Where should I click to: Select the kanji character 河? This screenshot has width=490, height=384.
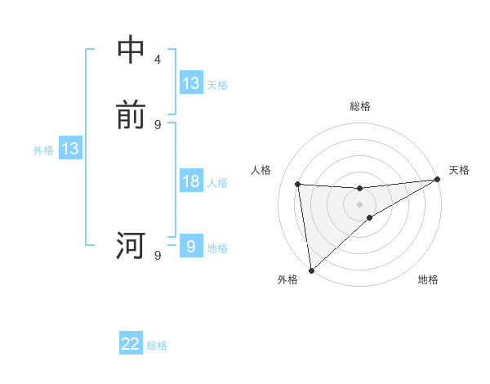coord(131,245)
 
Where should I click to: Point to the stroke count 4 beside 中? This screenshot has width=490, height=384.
coord(157,60)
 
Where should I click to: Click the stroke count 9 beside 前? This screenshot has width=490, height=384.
coord(157,124)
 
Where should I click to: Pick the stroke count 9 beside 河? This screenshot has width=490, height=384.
coord(157,256)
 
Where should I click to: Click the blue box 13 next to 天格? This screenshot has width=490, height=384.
coord(191,83)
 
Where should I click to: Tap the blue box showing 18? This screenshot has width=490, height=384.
coord(191,181)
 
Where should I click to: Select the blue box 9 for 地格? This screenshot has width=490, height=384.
coord(191,247)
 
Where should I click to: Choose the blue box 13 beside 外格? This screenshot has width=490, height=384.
coord(69,149)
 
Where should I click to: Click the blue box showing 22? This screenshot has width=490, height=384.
coord(131,344)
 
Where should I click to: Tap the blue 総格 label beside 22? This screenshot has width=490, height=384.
coord(158,346)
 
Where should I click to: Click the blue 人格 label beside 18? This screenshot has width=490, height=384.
coord(217,183)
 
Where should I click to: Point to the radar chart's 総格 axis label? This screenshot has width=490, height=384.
coord(359,106)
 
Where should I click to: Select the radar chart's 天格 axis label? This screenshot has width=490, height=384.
coord(459,170)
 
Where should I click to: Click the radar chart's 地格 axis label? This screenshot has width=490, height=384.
coord(428,280)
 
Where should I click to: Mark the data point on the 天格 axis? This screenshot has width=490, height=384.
coord(437,180)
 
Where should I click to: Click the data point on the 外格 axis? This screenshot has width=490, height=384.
coord(311,270)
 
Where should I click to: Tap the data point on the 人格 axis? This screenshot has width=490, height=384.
coord(298,184)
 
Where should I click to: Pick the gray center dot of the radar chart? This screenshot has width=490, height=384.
coord(359,203)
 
